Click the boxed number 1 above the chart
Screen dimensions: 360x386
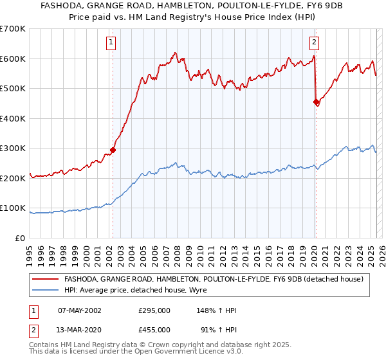[111, 43]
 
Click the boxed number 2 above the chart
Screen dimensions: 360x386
[314, 43]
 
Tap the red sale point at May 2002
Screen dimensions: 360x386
[113, 150]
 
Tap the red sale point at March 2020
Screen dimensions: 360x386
[316, 102]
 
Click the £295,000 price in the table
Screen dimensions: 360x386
[154, 310]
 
